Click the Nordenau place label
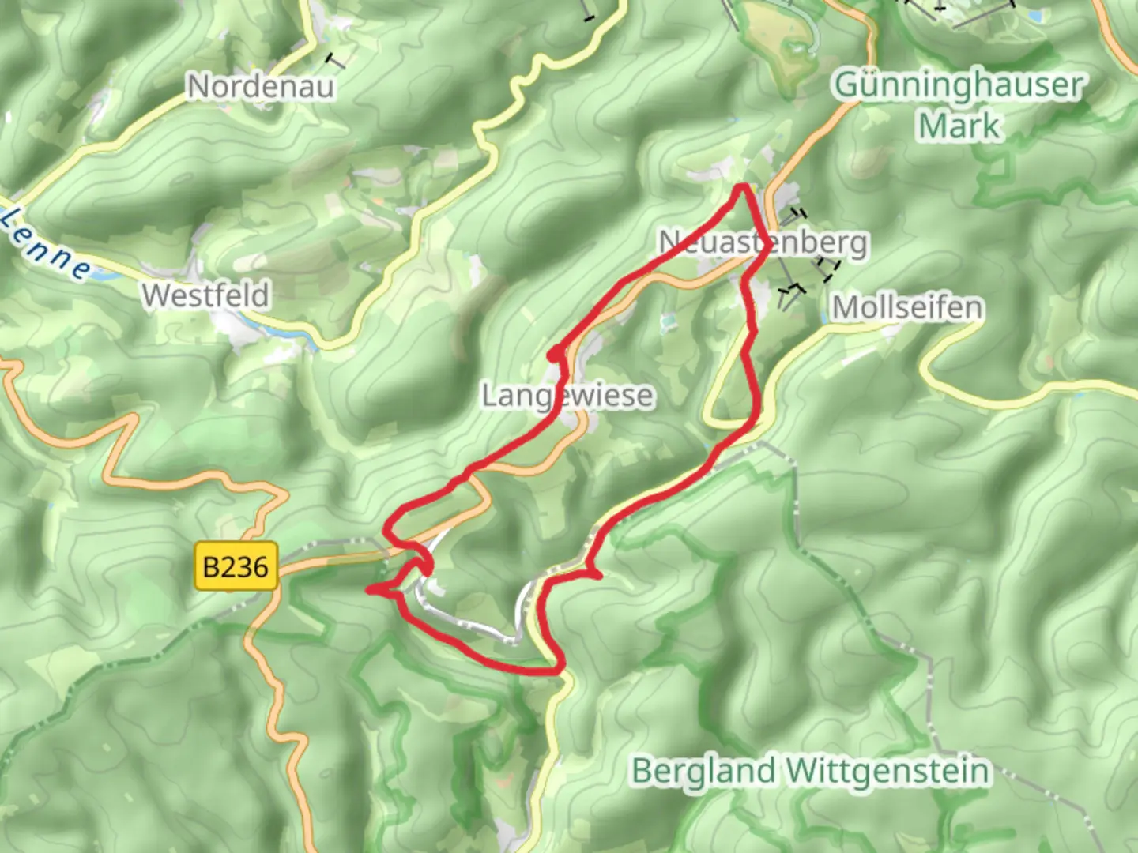pos(260,86)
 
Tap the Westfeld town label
pos(205,295)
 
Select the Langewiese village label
pos(567,395)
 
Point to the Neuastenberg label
pos(763,242)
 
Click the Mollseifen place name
pos(907,307)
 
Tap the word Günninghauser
pos(959,85)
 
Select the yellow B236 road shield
pos(236,566)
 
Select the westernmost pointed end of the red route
pos(369,590)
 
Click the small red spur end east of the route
pos(598,576)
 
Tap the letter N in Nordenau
pos(198,86)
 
